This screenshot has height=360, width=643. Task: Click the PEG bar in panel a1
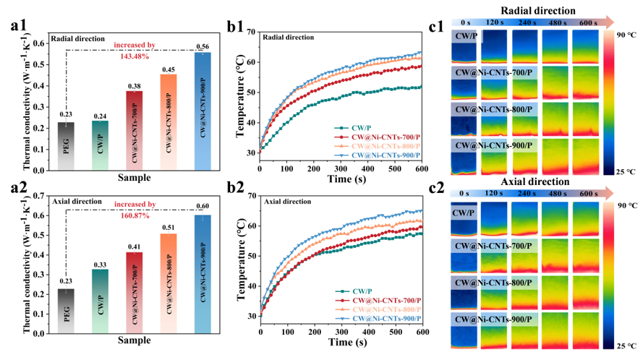click(x=66, y=146)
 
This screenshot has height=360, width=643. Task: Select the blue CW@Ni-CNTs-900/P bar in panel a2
click(x=203, y=274)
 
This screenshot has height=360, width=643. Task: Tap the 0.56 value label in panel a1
click(x=203, y=46)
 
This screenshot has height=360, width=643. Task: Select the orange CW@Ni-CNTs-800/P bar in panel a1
click(x=169, y=122)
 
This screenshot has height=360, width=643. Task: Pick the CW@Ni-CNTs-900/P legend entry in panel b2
click(x=378, y=319)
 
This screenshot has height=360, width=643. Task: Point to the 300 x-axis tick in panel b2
click(x=341, y=332)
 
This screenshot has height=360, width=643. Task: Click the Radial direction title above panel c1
click(x=537, y=11)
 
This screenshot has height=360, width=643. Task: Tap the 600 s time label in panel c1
click(x=588, y=22)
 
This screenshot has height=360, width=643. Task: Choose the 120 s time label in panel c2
click(x=494, y=193)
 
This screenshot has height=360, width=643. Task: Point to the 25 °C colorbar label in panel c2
click(x=626, y=346)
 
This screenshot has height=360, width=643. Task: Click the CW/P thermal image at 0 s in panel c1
click(x=464, y=46)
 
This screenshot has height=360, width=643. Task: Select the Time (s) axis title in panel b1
click(x=346, y=179)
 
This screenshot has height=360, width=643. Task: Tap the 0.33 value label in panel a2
click(x=100, y=265)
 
